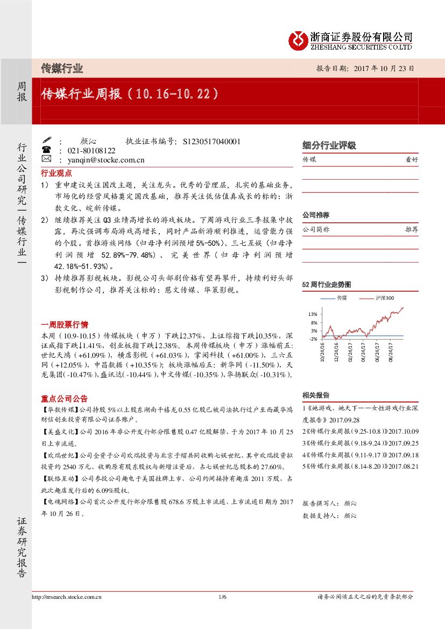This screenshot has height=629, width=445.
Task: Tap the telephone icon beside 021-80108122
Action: tap(46, 151)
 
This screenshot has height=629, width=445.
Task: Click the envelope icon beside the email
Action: tap(46, 160)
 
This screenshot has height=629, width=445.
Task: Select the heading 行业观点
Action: tap(56, 173)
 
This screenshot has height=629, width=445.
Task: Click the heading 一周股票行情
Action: tap(65, 324)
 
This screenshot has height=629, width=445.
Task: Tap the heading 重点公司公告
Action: tap(65, 399)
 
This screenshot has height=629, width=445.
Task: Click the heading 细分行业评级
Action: tap(329, 145)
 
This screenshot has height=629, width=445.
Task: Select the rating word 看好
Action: tap(411, 160)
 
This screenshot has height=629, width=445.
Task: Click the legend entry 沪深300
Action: tap(385, 298)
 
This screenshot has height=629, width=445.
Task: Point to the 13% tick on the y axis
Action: tap(313, 314)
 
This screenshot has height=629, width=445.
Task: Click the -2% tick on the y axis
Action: tap(313, 339)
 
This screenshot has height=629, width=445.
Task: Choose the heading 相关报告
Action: tap(316, 395)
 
